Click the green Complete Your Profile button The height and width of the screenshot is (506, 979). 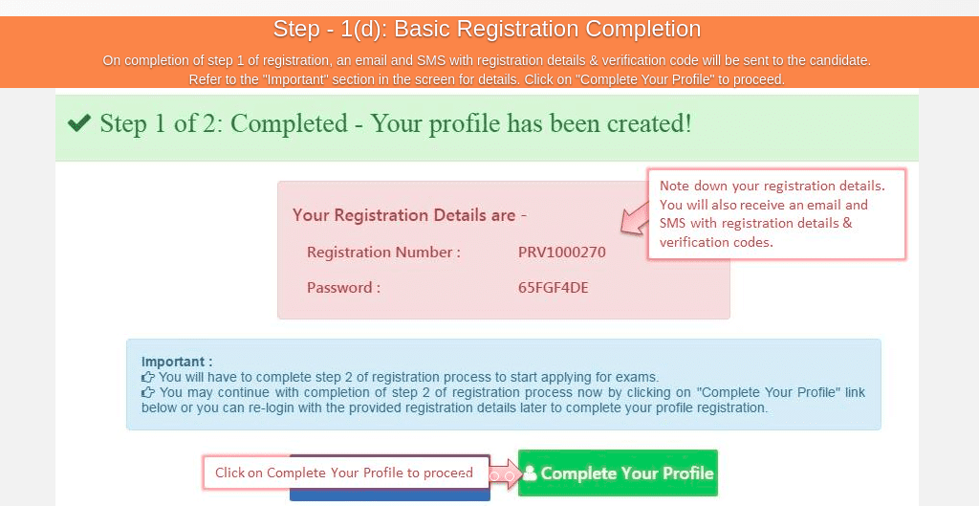[x=619, y=473]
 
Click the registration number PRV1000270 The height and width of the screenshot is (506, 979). [x=562, y=253]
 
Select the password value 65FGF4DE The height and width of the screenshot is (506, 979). [x=554, y=288]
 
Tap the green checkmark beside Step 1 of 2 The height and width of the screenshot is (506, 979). [x=79, y=123]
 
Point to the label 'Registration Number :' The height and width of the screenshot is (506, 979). [x=383, y=253]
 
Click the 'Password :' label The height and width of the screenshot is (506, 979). [x=343, y=288]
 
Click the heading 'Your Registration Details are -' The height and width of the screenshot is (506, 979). [x=409, y=215]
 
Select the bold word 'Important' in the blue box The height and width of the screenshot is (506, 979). [x=173, y=362]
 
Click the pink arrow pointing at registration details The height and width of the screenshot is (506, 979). [x=636, y=218]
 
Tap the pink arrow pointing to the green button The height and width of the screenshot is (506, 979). [x=505, y=473]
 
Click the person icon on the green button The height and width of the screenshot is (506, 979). [x=530, y=473]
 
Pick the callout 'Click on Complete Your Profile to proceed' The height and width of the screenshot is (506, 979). [x=345, y=473]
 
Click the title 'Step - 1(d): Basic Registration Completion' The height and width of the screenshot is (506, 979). [x=487, y=29]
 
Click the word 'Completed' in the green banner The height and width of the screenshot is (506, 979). [x=289, y=123]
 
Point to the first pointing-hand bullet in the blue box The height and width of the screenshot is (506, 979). [x=148, y=377]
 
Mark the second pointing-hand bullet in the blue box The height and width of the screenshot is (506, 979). [x=148, y=393]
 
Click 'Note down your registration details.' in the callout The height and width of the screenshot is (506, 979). [x=772, y=187]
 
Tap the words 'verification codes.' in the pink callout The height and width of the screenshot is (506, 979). [x=716, y=242]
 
